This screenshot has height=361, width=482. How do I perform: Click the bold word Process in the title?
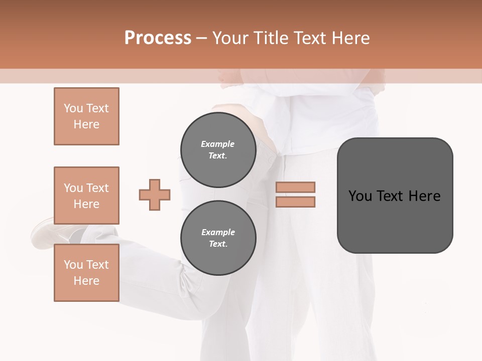coord(158,38)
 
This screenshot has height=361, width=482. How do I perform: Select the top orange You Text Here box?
coord(86,116)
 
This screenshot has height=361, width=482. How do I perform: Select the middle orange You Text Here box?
coord(86,196)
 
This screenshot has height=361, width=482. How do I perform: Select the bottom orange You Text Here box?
coord(86,273)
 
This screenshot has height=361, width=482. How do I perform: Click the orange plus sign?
coord(155,195)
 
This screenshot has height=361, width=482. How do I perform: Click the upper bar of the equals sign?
coord(295,187)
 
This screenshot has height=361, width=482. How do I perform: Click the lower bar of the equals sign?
coord(295,202)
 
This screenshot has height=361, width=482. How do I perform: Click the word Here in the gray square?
coord(424,196)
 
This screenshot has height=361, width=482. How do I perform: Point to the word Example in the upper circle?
coord(218,144)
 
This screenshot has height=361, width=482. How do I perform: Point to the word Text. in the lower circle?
coord(218,244)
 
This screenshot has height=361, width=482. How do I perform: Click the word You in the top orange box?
coord(73,108)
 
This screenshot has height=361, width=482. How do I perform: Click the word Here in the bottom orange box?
coord(86,281)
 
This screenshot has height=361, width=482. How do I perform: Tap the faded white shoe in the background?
coord(50,233)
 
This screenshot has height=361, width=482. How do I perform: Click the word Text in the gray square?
coord(392,196)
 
